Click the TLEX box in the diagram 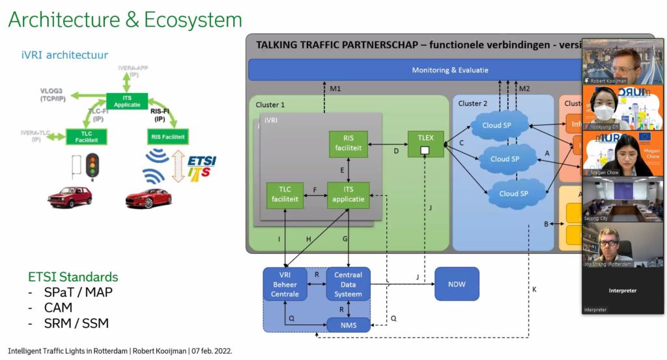pyautogui.click(x=425, y=144)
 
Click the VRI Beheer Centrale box pyautogui.click(x=285, y=284)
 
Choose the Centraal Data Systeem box pyautogui.click(x=348, y=284)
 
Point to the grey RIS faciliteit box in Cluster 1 pyautogui.click(x=348, y=144)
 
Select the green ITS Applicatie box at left pyautogui.click(x=123, y=101)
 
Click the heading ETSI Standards pyautogui.click(x=73, y=276)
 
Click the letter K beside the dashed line pyautogui.click(x=534, y=288)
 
